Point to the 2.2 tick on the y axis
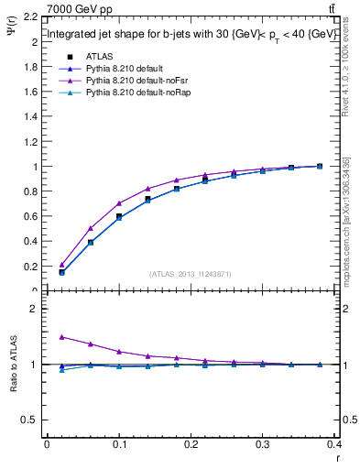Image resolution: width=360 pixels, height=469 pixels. point(30,17)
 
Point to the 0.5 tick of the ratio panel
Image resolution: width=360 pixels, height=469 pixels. point(30,420)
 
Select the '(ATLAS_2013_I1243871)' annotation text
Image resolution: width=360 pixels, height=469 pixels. point(191,273)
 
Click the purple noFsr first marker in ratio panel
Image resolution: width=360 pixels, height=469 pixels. point(61,336)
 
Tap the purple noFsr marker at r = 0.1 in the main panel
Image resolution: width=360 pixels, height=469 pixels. point(119,203)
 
